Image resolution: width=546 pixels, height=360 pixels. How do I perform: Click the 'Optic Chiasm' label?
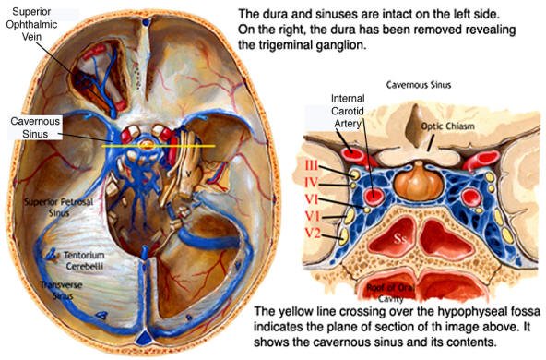coord(445,126)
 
